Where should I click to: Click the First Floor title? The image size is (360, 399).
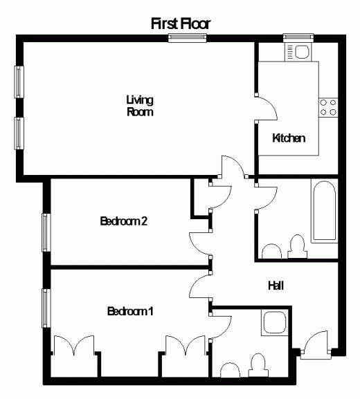tap(181, 24)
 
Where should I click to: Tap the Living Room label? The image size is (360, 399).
tap(140, 106)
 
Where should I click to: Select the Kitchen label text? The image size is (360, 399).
tap(289, 138)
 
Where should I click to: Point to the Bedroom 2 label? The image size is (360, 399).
tap(124, 221)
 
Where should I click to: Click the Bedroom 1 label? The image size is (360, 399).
tap(130, 311)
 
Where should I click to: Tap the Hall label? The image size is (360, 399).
tap(276, 286)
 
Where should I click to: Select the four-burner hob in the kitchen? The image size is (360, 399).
tap(328, 107)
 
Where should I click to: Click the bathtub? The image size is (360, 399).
tap(324, 211)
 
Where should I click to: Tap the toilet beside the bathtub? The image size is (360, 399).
tap(298, 246)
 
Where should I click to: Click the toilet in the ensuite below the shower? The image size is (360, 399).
tap(258, 365)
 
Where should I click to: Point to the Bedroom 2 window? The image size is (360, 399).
tap(46, 232)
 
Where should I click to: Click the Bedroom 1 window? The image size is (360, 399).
tap(46, 308)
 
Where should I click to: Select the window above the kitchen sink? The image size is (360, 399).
tap(298, 37)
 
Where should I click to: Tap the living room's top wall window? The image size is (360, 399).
tap(187, 38)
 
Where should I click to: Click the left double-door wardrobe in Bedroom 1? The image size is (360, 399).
tap(74, 345)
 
